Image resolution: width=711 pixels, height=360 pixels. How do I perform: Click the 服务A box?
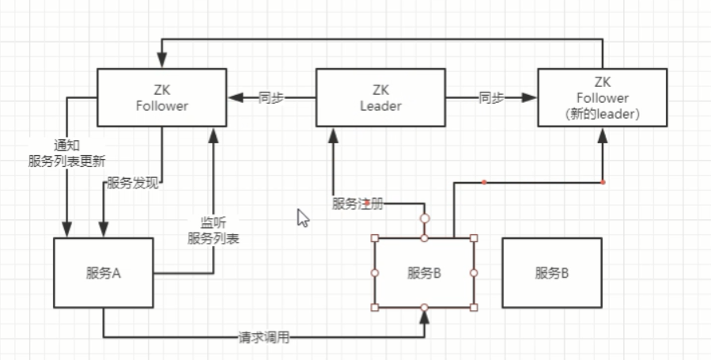click(103, 273)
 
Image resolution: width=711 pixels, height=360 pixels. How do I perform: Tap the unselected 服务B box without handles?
click(551, 273)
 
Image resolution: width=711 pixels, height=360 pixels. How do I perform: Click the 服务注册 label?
click(358, 203)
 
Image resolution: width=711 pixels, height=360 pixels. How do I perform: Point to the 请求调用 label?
click(264, 338)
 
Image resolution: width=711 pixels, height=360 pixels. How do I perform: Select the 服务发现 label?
click(134, 184)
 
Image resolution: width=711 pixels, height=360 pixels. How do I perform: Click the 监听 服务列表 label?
click(213, 230)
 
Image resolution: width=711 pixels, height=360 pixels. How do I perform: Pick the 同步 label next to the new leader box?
click(491, 98)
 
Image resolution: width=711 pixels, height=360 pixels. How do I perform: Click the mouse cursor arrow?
click(302, 218)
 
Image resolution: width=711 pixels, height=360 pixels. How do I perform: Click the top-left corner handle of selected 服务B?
click(375, 238)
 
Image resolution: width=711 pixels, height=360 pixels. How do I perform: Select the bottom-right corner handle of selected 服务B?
click(474, 307)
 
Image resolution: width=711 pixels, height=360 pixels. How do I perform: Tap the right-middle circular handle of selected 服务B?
click(474, 272)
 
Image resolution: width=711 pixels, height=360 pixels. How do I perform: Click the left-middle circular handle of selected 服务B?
click(375, 272)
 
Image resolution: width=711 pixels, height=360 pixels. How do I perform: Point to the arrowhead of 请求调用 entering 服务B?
click(425, 316)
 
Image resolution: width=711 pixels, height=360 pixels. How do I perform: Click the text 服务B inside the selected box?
click(424, 273)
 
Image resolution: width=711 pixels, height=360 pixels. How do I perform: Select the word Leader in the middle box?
click(380, 105)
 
